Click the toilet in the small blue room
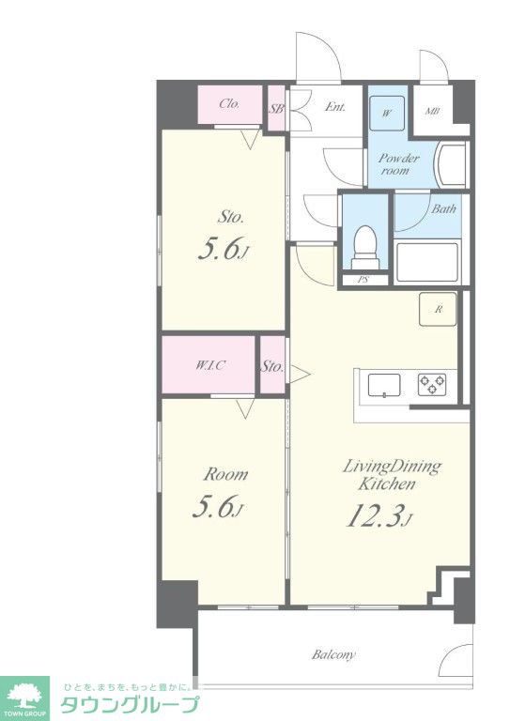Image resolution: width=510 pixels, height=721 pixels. (365, 247)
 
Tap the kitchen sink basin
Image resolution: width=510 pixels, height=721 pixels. (384, 385)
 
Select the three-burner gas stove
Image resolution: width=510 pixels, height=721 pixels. (432, 384)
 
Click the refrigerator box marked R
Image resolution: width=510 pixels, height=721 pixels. (438, 309)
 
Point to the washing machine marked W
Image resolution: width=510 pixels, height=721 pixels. (387, 113)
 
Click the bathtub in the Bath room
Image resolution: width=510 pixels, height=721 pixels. (427, 261)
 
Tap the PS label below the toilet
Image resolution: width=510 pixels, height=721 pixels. (363, 279)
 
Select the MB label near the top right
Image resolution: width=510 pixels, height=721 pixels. (432, 111)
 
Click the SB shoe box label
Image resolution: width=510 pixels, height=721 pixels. (276, 109)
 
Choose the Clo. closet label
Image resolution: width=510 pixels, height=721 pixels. (229, 103)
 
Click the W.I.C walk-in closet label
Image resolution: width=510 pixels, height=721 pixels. (210, 365)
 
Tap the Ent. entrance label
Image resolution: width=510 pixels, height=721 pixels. (335, 107)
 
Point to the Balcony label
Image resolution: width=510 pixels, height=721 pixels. (333, 654)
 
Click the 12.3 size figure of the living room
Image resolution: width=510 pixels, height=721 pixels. (377, 516)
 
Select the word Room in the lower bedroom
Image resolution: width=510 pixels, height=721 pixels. (225, 474)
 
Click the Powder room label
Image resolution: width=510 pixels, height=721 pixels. (398, 164)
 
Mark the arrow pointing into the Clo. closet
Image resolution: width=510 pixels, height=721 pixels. (251, 139)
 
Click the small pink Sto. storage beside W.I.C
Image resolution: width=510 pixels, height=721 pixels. (272, 365)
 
